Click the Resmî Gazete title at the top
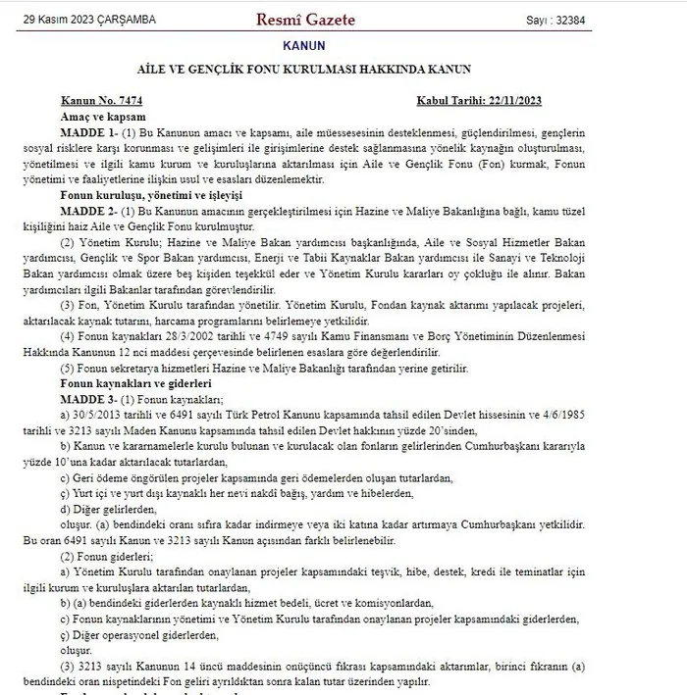tap(305, 20)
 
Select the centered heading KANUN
tap(303, 45)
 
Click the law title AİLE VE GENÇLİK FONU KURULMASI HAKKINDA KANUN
tap(303, 70)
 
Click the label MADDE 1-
tap(88, 130)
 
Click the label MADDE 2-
tap(88, 212)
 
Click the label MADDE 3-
tap(88, 398)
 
